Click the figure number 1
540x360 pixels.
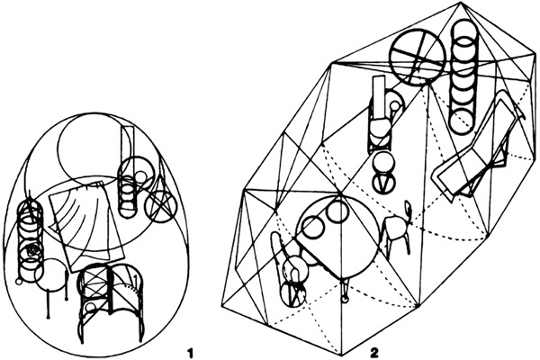point(189,353)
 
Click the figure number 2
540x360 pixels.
point(373,353)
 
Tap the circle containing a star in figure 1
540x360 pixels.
point(158,206)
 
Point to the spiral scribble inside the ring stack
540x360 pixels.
point(33,250)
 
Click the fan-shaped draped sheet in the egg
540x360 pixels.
point(86,225)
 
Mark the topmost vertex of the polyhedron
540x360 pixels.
point(461,2)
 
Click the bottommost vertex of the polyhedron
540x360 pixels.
point(341,355)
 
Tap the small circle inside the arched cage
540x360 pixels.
point(91,307)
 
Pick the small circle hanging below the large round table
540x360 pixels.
point(345,301)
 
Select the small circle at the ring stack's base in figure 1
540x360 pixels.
point(19,282)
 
